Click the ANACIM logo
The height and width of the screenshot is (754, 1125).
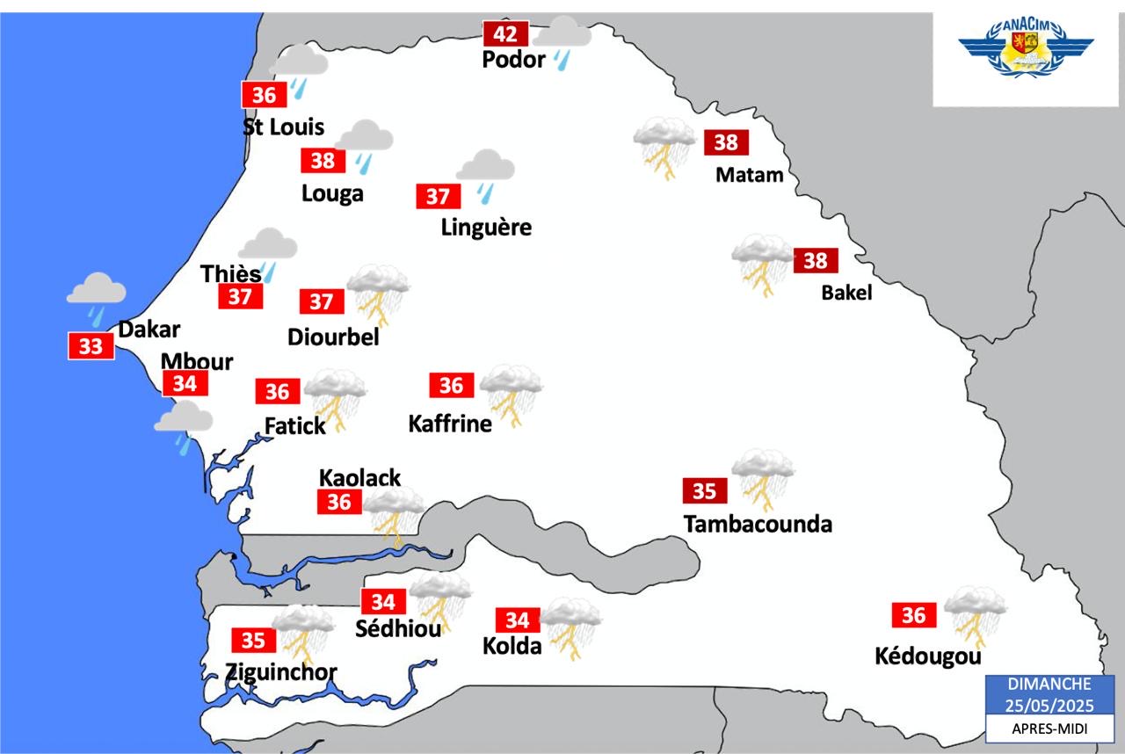point(1025,52)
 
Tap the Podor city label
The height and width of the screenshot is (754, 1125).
point(514,61)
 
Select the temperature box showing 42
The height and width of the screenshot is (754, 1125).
point(505,34)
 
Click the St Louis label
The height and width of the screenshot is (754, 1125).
point(283,127)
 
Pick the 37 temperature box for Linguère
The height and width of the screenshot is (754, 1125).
point(438,197)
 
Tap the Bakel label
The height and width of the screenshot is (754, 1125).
point(846,293)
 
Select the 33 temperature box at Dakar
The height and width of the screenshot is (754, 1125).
point(91,346)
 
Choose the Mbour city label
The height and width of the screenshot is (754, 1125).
point(197,361)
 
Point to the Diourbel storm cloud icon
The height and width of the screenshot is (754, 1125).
point(378,294)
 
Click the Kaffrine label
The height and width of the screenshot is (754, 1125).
point(450,424)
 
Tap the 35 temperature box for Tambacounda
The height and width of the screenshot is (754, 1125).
point(704,491)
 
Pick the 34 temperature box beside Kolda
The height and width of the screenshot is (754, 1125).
point(517,620)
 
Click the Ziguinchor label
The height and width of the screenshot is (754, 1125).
point(281,672)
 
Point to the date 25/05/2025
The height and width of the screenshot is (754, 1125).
point(1049,704)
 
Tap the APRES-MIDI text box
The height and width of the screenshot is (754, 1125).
point(1049,729)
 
